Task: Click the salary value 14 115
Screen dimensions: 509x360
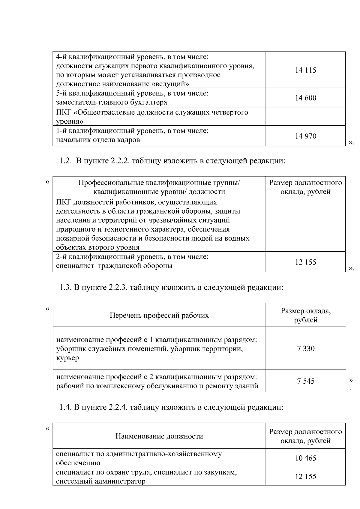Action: coord(305,70)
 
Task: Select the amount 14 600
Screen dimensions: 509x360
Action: coord(305,98)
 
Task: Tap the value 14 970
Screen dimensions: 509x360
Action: coord(305,136)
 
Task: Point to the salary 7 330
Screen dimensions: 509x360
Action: coord(306,349)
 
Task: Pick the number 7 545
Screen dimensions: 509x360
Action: coord(306,381)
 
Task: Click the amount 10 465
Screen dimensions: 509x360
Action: coord(305,458)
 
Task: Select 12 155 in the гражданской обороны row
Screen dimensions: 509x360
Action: coord(305,262)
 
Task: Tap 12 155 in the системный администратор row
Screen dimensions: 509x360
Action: coord(305,477)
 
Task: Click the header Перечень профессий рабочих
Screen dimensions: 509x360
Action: coord(159,316)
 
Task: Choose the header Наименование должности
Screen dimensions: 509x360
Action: coord(159,436)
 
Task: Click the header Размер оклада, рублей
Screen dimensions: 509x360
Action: coord(306,316)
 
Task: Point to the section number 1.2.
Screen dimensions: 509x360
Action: coord(64,161)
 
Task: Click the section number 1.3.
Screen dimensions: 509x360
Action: coord(64,288)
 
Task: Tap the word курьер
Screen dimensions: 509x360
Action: coord(67,358)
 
